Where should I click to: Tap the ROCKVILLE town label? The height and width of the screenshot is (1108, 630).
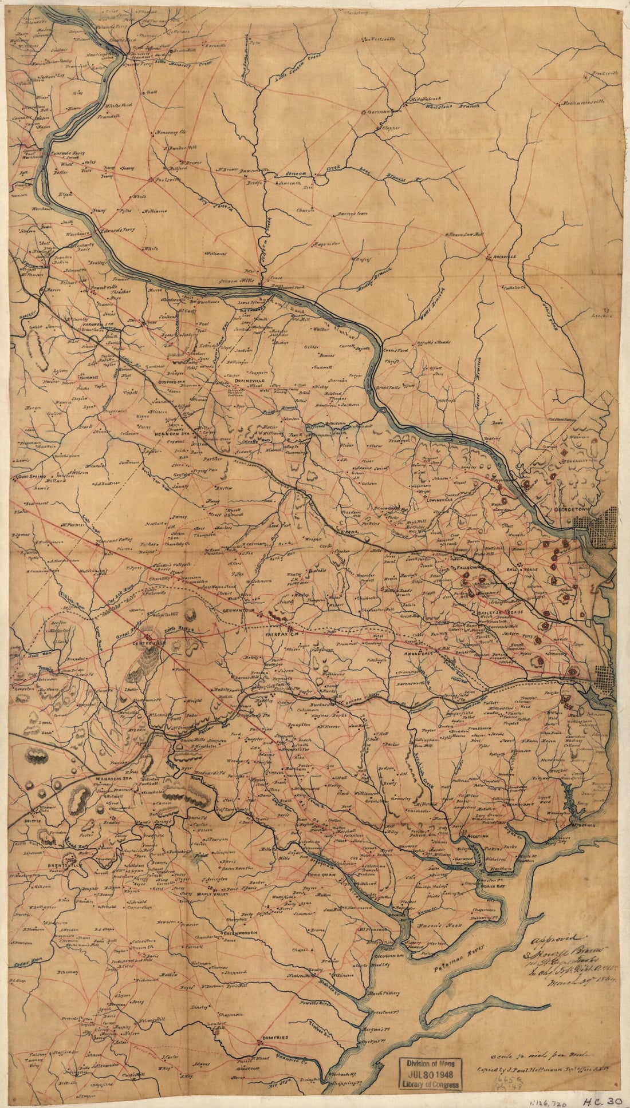pyautogui.click(x=506, y=258)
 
